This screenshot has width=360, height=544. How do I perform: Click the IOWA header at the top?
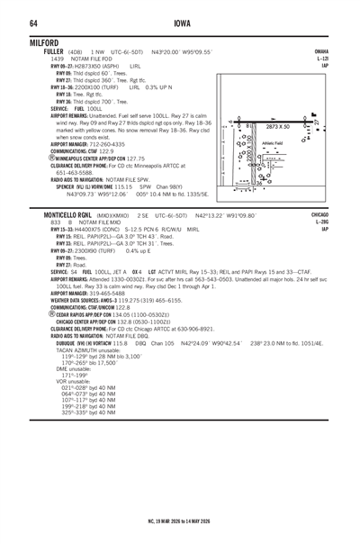point(180,22)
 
